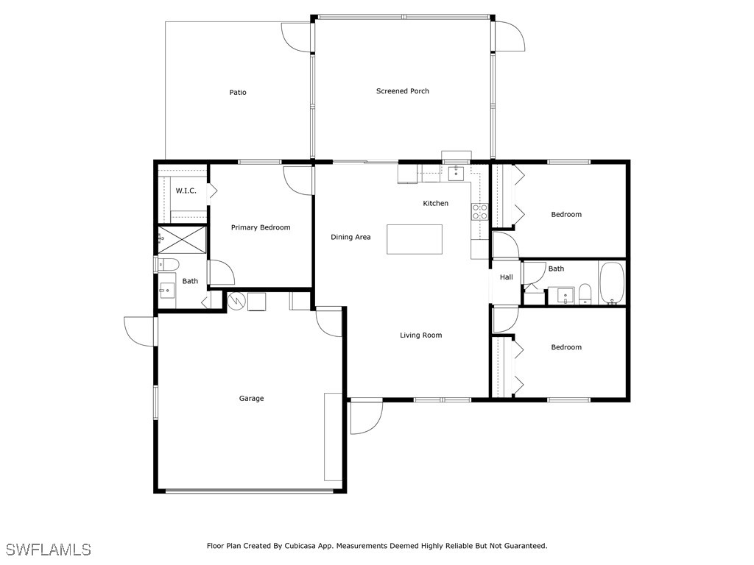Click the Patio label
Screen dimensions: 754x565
tap(238, 92)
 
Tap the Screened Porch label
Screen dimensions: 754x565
tap(403, 90)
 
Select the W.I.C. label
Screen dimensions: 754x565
tap(186, 191)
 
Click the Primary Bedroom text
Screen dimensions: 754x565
tap(261, 228)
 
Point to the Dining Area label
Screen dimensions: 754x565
tap(350, 237)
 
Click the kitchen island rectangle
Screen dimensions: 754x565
tap(415, 239)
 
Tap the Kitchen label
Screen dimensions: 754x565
tap(436, 203)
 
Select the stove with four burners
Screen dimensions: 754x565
tap(479, 212)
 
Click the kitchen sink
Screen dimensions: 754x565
tap(455, 174)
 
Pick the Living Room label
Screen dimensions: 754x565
tap(420, 335)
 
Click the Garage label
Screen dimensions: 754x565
tap(252, 398)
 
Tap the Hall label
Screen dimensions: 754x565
tap(507, 277)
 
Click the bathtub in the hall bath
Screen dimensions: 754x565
tap(612, 283)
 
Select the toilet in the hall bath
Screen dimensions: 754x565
tap(585, 294)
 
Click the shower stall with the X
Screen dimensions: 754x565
tap(183, 240)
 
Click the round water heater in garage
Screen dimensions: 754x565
tap(236, 301)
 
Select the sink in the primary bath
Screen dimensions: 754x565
tap(167, 291)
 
